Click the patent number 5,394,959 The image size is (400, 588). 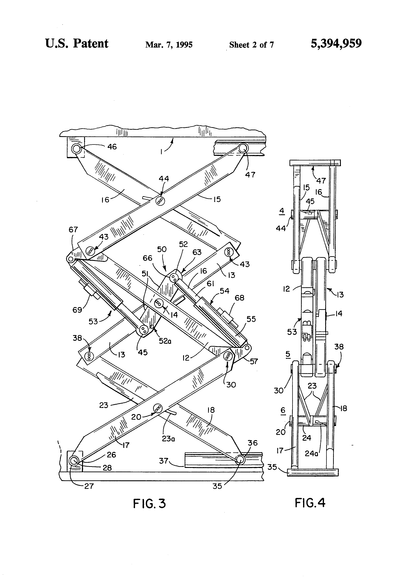pyautogui.click(x=336, y=44)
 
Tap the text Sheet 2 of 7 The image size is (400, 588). pyautogui.click(x=251, y=45)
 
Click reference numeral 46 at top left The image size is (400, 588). pyautogui.click(x=112, y=147)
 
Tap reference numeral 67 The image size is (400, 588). pyautogui.click(x=73, y=230)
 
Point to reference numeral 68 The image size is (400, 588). pyautogui.click(x=239, y=298)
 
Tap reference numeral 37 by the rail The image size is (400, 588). pyautogui.click(x=164, y=461)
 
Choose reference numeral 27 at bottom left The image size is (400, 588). pyautogui.click(x=89, y=486)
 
